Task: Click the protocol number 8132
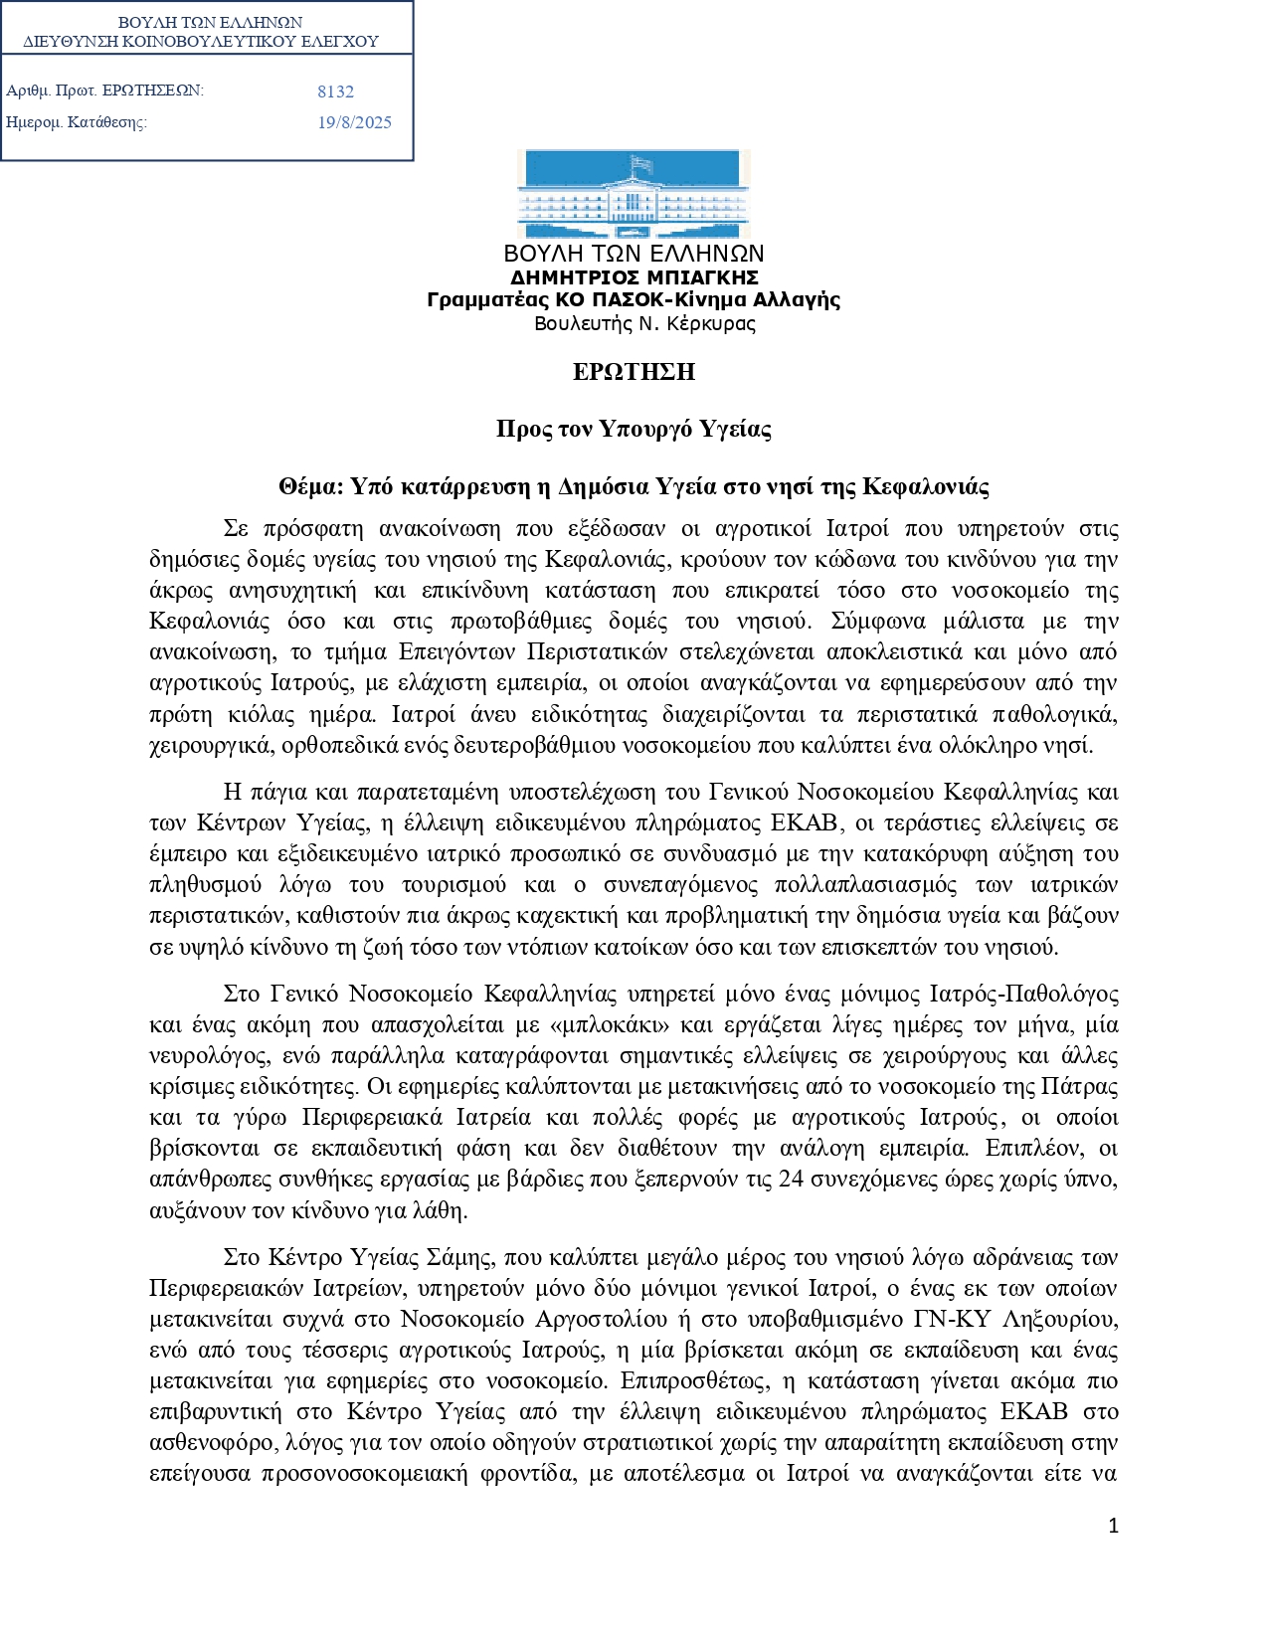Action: click(335, 91)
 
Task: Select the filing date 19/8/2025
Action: click(354, 122)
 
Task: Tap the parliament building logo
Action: click(634, 194)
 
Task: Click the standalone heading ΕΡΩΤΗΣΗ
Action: click(634, 372)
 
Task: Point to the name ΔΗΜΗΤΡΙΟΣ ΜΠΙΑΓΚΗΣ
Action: click(634, 277)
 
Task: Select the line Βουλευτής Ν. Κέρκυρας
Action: click(644, 323)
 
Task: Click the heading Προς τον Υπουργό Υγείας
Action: click(634, 429)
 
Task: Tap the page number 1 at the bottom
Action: click(1113, 1526)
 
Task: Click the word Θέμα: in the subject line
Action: click(310, 486)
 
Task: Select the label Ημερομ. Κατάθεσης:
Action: click(77, 122)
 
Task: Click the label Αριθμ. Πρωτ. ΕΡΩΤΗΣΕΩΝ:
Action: click(104, 91)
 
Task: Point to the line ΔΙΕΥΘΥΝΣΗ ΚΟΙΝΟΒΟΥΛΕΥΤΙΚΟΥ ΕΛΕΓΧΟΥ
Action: click(201, 42)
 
